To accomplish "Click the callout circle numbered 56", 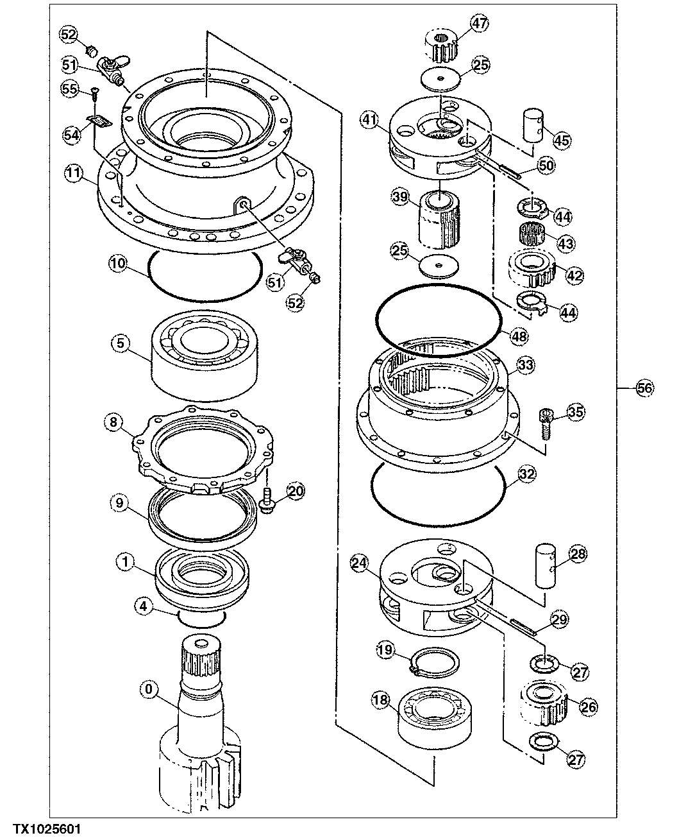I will pos(645,387).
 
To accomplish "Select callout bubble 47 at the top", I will pos(480,24).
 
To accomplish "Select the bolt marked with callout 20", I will pos(267,501).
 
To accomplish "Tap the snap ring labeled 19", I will pos(435,661).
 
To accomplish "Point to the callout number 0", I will pos(149,690).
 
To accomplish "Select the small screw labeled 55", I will pos(94,94).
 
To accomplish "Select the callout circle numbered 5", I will pos(121,343).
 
